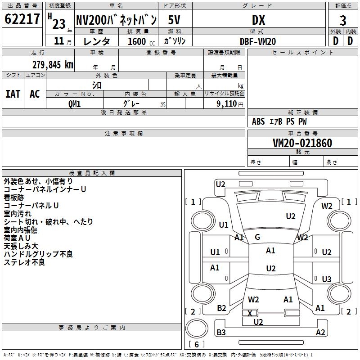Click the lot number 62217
[22, 19]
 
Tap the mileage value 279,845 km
[53, 65]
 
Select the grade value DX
[258, 20]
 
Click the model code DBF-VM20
[258, 41]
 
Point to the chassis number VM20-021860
[302, 143]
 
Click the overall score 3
[343, 21]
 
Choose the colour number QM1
[74, 104]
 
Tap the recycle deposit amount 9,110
[227, 103]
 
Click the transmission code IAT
[13, 94]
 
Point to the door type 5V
[174, 20]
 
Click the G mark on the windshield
[257, 237]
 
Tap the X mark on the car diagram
[250, 313]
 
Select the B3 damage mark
[221, 332]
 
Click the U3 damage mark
[327, 279]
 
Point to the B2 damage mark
[221, 308]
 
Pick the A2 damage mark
[320, 332]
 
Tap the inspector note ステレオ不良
[24, 262]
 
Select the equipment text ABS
[258, 121]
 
